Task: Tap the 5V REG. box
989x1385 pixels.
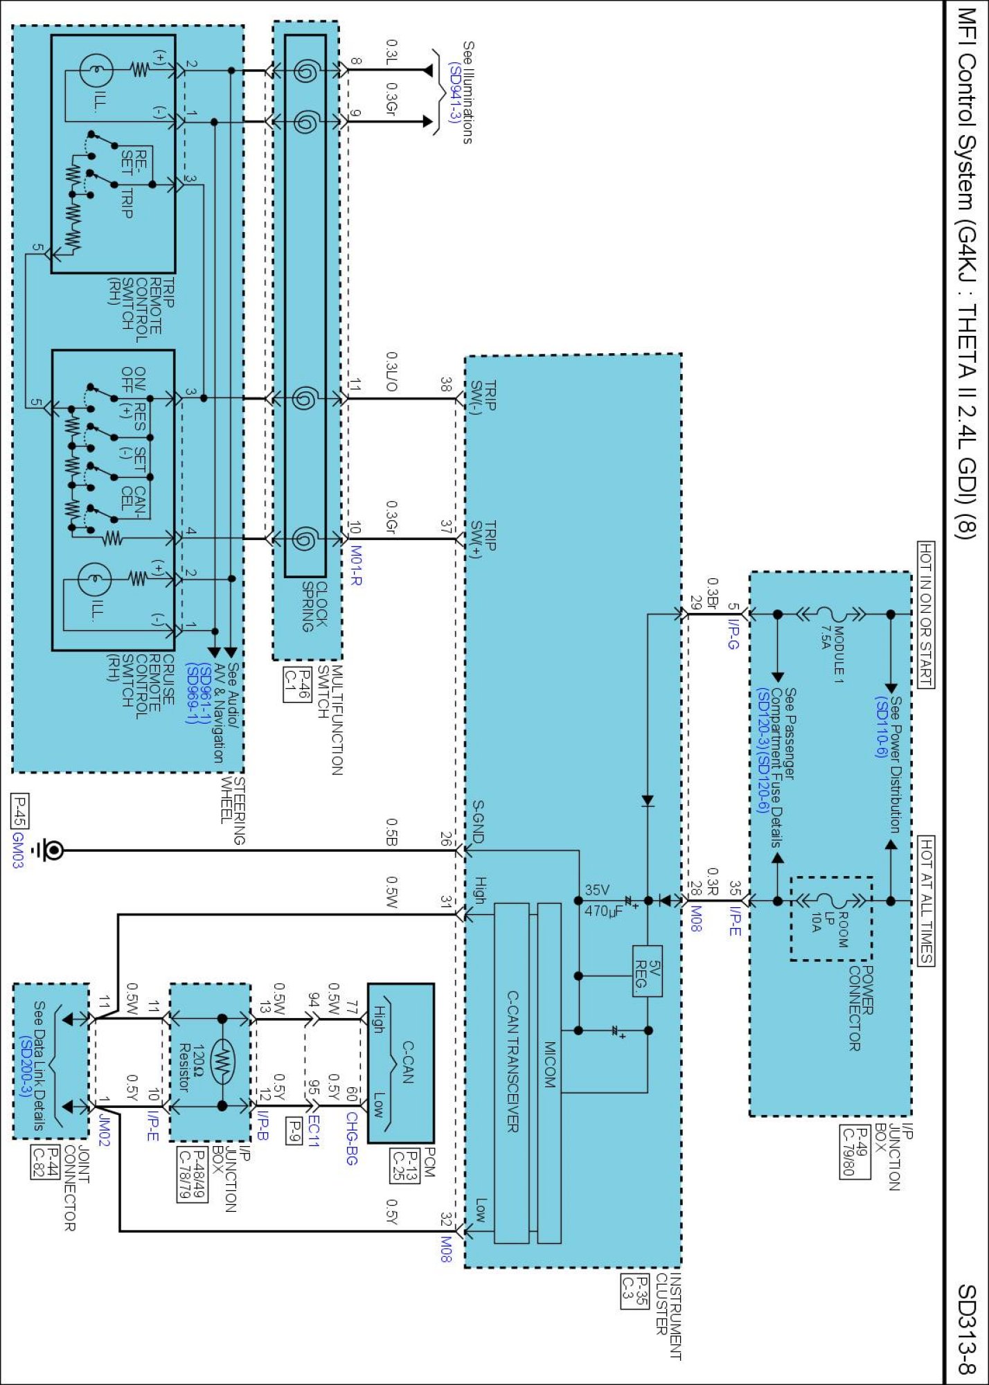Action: (x=647, y=971)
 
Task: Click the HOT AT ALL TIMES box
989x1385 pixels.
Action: (x=925, y=900)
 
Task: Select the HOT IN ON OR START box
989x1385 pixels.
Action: (x=925, y=614)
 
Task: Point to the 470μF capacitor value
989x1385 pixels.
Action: (x=603, y=911)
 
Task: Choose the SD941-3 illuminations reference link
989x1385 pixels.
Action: (x=454, y=93)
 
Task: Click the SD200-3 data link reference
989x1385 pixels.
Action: (x=25, y=1066)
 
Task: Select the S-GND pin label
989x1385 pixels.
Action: (x=478, y=821)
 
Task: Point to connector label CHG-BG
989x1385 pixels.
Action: (x=351, y=1138)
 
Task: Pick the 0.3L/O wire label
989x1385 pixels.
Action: (x=391, y=372)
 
